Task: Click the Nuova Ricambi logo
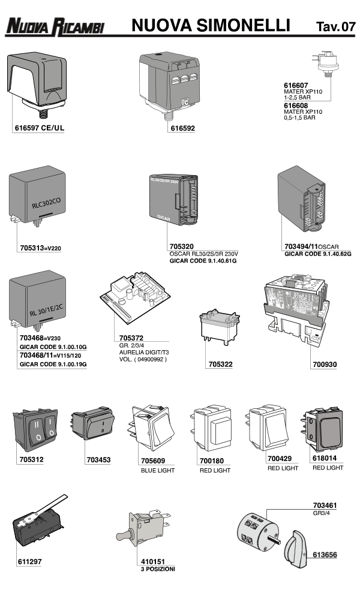(x=55, y=26)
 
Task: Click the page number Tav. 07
(x=335, y=26)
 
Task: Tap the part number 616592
(x=183, y=128)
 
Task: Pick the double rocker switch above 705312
(x=37, y=431)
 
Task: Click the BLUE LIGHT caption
(x=158, y=471)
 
